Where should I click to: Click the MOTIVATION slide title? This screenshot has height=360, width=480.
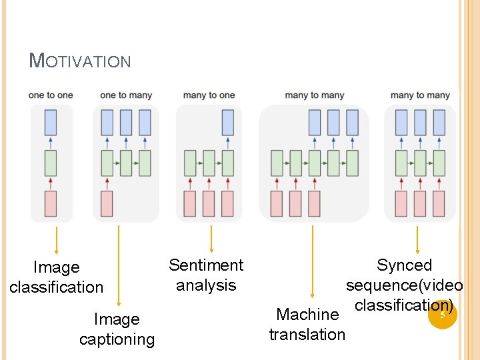(x=80, y=61)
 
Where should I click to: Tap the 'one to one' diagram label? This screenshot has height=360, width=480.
(x=51, y=95)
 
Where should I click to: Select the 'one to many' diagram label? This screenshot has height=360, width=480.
(x=126, y=95)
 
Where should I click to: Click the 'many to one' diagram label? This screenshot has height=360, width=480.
(x=209, y=95)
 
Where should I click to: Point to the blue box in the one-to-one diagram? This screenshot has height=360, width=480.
(x=51, y=123)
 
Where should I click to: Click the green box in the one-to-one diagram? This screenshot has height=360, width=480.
(x=51, y=163)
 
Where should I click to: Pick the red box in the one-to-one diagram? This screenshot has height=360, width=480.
(x=51, y=203)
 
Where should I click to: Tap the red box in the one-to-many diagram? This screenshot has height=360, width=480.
(x=107, y=203)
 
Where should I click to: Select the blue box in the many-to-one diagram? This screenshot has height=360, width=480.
(x=227, y=123)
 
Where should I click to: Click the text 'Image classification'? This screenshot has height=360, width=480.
(x=57, y=277)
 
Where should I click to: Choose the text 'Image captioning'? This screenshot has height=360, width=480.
(x=117, y=329)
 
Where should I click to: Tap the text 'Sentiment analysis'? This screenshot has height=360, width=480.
(x=206, y=275)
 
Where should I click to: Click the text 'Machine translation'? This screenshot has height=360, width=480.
(x=307, y=324)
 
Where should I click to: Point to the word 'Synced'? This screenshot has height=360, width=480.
(x=404, y=265)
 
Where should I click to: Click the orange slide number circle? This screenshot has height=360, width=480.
(x=441, y=315)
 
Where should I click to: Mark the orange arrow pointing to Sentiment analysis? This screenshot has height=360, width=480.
(x=211, y=239)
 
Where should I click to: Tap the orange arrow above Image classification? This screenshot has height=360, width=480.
(x=57, y=241)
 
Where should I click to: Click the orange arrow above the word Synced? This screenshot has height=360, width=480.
(x=417, y=239)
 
